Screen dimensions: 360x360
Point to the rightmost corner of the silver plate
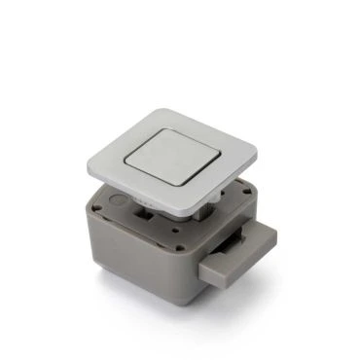[259, 150]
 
